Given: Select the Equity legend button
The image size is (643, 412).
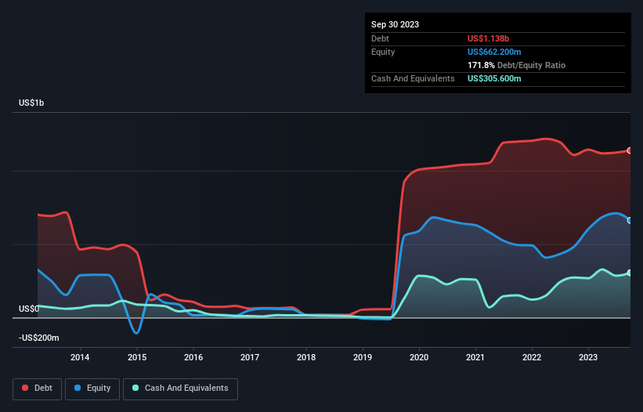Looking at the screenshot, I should click(92, 389).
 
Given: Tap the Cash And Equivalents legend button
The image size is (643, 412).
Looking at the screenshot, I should click(180, 389).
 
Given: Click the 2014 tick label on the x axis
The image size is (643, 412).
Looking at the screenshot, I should click(79, 358).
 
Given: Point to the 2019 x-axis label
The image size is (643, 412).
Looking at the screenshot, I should click(363, 358).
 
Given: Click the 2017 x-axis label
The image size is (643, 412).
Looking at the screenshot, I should click(249, 358).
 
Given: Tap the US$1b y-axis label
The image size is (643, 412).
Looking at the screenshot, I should click(32, 103).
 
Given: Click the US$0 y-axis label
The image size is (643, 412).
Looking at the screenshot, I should click(29, 309).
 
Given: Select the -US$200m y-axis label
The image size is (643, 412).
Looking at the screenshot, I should click(38, 338).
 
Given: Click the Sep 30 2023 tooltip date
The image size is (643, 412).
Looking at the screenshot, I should click(395, 24).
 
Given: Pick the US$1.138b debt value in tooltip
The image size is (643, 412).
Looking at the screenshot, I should click(489, 38).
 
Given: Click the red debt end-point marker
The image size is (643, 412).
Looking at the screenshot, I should click(630, 150).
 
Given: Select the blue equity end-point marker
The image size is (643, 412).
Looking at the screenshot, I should click(630, 220).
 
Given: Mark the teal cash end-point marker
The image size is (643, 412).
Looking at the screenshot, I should click(630, 273).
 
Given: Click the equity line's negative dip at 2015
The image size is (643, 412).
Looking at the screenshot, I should click(137, 333).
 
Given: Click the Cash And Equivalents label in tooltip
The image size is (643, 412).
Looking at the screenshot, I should click(413, 78).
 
